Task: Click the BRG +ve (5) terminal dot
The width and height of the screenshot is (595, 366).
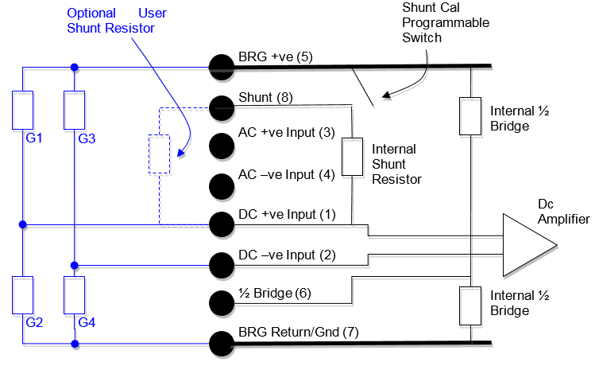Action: (221, 67)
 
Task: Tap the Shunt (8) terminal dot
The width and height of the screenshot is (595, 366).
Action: (221, 107)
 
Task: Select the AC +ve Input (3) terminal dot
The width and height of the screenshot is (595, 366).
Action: (221, 146)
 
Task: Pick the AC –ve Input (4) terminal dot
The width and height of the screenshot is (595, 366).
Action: (221, 185)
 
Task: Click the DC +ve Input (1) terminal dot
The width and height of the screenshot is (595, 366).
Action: (221, 224)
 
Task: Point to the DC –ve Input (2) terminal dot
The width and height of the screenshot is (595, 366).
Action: (221, 264)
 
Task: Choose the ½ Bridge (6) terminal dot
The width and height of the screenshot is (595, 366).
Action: (221, 303)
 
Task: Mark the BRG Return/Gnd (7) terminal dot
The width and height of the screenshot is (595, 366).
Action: (221, 343)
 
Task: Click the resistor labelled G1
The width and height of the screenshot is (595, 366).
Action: (23, 110)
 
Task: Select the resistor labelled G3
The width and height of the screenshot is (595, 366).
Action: (74, 110)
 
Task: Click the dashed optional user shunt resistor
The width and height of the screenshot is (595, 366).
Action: (159, 154)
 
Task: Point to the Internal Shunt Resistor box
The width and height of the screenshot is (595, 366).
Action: (351, 157)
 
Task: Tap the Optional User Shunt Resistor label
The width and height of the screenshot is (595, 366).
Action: (111, 21)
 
